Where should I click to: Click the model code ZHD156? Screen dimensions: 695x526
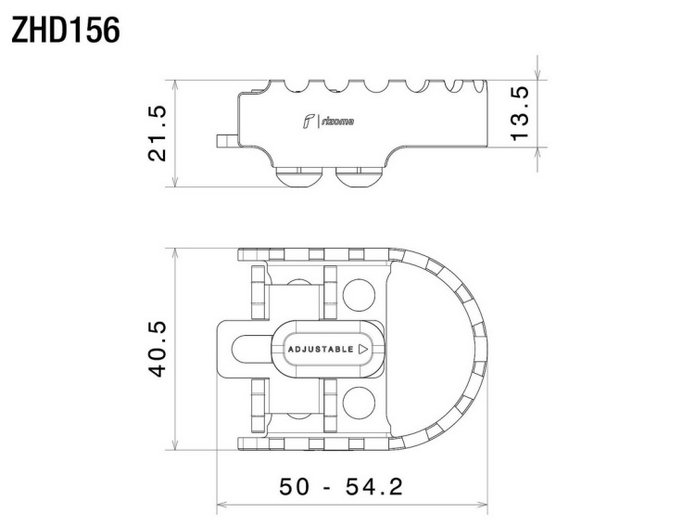pos(66,31)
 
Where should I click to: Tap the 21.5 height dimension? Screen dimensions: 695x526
pos(158,134)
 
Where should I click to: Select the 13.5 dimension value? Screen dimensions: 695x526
pos(520,113)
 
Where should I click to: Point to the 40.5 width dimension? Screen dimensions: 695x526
pos(158,349)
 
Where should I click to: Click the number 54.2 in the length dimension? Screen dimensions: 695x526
pos(374,486)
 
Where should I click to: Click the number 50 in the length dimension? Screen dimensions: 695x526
pos(294,486)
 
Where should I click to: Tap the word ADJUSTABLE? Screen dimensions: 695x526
pos(321,350)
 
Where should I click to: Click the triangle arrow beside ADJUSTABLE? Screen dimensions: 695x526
pos(363,350)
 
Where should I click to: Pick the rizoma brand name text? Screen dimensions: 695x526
pos(337,122)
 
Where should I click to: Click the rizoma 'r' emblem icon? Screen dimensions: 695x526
pos(309,122)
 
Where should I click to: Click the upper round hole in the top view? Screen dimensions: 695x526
pos(359,295)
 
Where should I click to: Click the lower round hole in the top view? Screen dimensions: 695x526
pos(359,403)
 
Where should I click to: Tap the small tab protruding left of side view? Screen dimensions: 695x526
pos(226,141)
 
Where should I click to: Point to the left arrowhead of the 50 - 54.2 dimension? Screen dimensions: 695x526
pos(221,505)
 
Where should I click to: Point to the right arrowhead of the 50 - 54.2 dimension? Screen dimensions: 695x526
pos(483,505)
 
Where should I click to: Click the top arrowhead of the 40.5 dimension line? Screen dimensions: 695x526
pos(175,252)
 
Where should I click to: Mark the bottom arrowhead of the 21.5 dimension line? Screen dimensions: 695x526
pos(175,182)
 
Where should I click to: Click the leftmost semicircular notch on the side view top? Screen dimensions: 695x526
pos(295,87)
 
